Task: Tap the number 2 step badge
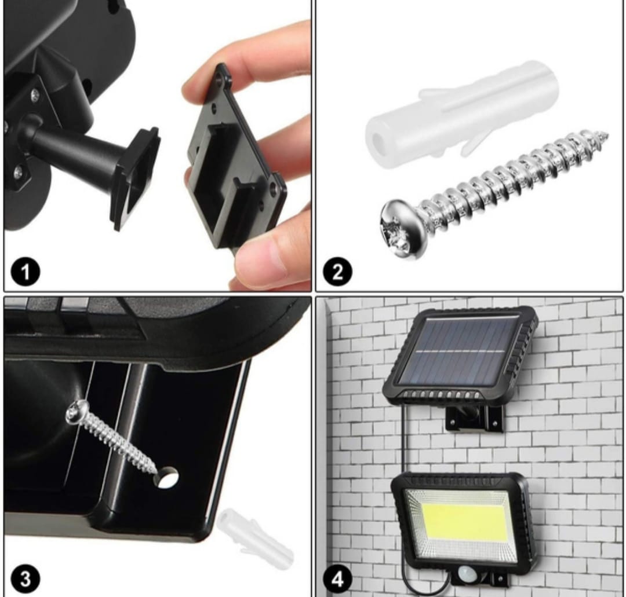(337, 272)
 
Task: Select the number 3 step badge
(25, 578)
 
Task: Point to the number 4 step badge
(337, 578)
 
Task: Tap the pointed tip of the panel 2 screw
(607, 134)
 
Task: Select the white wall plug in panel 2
(461, 114)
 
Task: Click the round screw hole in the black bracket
(167, 477)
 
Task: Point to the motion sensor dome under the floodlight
(466, 574)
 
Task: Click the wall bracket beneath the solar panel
(474, 419)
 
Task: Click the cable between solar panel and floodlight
(405, 439)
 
